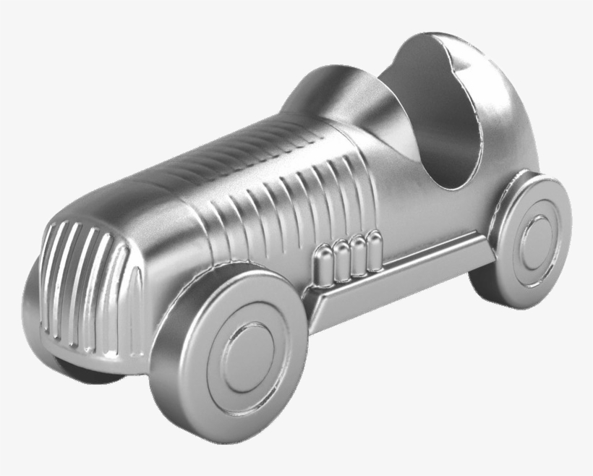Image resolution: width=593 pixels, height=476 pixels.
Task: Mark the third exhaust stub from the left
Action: [x=358, y=253]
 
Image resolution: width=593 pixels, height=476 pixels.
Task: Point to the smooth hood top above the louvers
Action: [x=217, y=166]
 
